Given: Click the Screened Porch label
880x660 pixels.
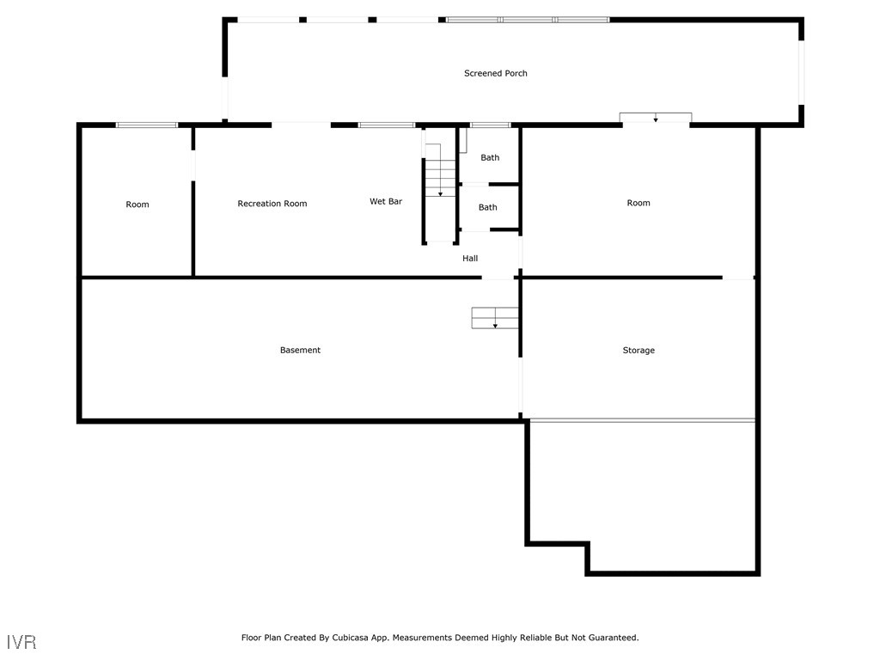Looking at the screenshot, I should point(496,74).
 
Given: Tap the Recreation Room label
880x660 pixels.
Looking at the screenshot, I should point(272,204).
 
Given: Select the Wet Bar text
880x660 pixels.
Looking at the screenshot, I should point(386,202).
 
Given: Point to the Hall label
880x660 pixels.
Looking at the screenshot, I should point(470,259).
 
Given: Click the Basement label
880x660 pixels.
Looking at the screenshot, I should point(300,351).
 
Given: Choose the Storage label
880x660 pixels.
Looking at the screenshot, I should point(639,351).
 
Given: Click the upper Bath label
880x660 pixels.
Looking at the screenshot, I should point(490,158).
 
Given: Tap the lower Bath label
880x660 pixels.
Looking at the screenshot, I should point(488,208).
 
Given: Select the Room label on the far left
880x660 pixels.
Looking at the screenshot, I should point(137,205).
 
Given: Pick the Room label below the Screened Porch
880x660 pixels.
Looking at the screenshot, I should point(639,204).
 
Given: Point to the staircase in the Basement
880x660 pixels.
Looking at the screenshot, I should point(495,318).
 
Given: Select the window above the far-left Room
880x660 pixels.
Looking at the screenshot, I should point(147,125).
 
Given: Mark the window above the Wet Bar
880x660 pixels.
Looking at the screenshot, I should point(387,125).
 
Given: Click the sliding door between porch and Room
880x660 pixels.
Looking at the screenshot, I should point(656,119).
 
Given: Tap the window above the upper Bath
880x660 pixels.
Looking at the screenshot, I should point(490,125).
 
